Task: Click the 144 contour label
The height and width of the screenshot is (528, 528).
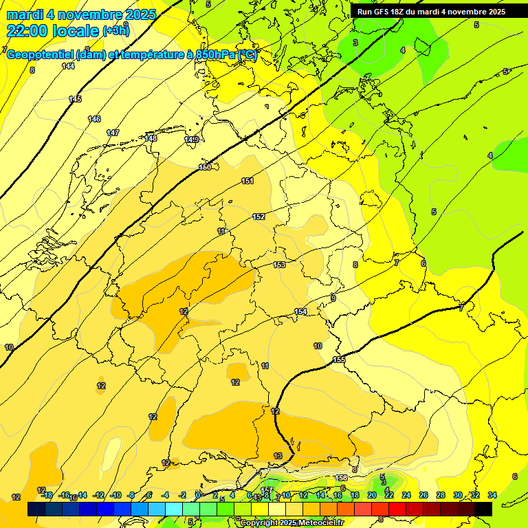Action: pos(68,66)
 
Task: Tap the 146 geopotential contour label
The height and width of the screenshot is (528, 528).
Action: pos(94,119)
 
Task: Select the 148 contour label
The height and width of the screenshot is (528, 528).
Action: pos(151,138)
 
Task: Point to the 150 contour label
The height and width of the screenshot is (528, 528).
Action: pos(205,167)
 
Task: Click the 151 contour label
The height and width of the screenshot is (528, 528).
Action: pos(247,181)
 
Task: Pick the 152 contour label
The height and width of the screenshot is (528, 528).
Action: pos(258,217)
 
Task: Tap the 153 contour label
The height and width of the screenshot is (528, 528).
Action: pos(279,265)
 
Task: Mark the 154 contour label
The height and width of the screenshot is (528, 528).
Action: pos(300,311)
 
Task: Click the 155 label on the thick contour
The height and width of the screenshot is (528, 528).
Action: pos(339,360)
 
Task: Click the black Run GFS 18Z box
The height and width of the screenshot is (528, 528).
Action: pos(431,12)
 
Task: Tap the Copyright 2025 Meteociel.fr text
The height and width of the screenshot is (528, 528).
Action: pos(291,523)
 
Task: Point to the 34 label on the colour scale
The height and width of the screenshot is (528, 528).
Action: pos(492,495)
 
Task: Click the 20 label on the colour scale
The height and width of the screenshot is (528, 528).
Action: pos(372,495)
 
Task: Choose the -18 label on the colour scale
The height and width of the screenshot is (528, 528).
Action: pos(47,495)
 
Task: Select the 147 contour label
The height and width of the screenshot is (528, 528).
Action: pos(113,133)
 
